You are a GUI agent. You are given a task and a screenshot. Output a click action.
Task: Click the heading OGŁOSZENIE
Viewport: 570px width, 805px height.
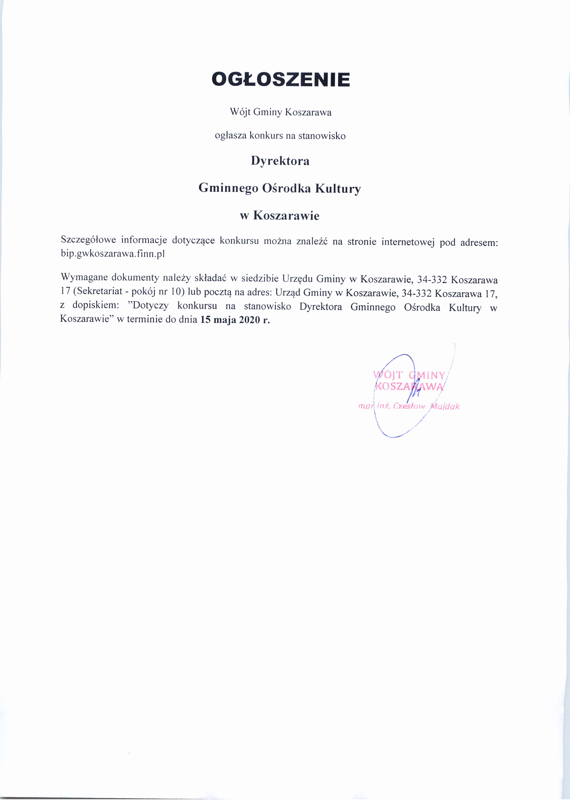[281, 80]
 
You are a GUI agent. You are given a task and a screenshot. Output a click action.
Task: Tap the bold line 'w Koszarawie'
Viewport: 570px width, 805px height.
[280, 216]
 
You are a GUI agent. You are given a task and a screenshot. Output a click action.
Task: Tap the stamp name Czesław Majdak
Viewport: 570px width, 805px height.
[426, 407]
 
